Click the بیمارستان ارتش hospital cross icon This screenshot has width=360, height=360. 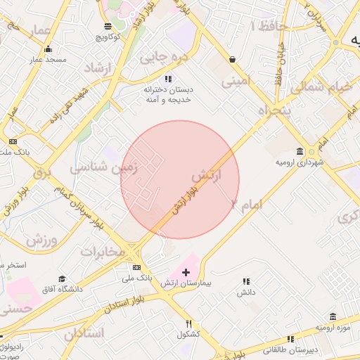coord(186,272)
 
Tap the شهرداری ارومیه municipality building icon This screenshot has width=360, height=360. coord(301,152)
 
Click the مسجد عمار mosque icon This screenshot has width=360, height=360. coord(48,49)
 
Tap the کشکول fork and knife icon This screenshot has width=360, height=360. coord(188,323)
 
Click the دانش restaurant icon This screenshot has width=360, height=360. coord(246,281)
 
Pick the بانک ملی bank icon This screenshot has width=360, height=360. coord(136,268)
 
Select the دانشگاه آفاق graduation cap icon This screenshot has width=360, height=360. coord(62,279)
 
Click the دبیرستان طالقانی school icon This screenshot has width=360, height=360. coord(295,340)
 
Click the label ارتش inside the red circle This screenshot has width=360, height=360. coord(206,174)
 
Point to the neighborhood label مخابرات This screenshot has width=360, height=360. coord(103,251)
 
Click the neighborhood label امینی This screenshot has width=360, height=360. coord(236,81)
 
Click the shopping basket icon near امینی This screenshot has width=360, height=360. coord(232,60)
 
